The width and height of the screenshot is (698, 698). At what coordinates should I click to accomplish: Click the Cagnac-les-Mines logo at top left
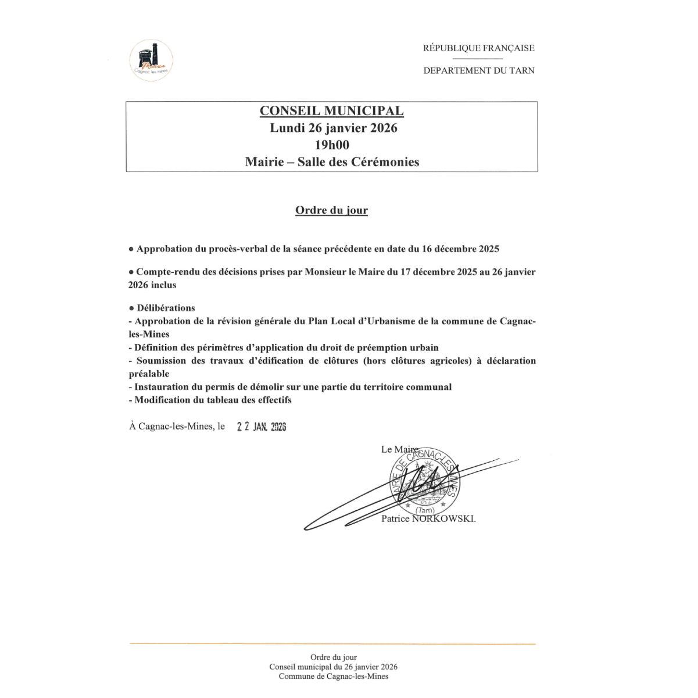tap(151, 60)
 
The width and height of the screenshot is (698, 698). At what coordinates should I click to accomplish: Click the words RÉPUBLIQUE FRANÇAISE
tap(478, 48)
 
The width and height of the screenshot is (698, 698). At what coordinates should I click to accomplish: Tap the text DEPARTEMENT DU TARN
tap(478, 70)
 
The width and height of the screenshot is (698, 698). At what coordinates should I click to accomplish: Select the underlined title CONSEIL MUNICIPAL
tap(331, 111)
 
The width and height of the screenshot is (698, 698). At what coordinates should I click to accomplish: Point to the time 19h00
tap(332, 145)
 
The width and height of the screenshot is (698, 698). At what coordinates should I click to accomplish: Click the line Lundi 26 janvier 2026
tap(333, 128)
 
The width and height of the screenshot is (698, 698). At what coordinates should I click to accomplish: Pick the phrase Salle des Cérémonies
tap(358, 162)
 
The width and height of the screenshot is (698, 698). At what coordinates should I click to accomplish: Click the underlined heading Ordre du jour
tap(331, 210)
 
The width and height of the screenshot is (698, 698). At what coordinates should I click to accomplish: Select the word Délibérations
tap(166, 308)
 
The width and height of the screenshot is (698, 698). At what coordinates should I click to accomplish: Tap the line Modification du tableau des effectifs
tap(213, 400)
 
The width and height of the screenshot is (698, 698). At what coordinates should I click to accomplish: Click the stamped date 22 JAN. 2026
tap(262, 427)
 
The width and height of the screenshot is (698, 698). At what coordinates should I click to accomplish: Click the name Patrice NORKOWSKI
tap(428, 518)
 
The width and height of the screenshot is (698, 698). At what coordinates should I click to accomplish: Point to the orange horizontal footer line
tap(332, 644)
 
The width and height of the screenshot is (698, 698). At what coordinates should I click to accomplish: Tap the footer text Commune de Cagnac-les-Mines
tap(333, 676)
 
